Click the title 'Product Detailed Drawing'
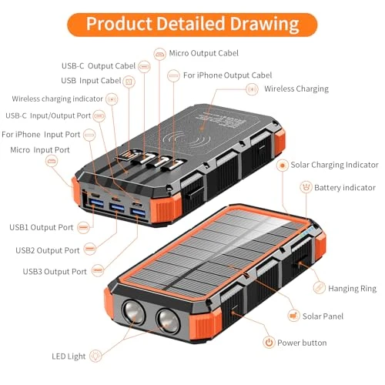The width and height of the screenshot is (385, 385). (192, 23)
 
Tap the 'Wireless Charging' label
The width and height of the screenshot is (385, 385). (296, 89)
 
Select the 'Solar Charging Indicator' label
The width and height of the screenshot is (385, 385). (334, 165)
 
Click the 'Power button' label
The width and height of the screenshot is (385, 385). (303, 343)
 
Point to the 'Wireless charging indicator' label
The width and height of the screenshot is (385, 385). (57, 99)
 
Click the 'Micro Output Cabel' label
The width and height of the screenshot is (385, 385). (205, 53)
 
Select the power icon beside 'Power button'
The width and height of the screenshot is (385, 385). (269, 343)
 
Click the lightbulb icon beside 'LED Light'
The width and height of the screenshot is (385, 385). (96, 355)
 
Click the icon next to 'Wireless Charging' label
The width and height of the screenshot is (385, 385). (251, 89)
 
